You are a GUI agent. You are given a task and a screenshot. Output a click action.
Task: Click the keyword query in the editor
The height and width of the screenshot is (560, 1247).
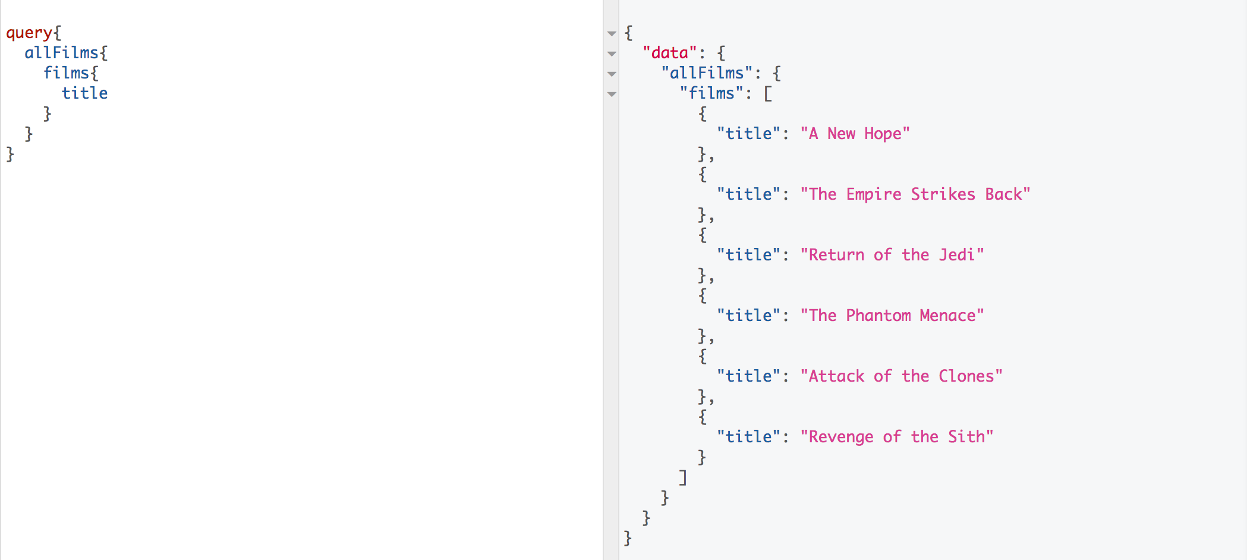29,33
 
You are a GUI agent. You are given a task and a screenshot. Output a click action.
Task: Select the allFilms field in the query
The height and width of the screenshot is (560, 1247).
61,54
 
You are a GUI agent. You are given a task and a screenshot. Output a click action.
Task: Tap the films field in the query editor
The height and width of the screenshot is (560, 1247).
66,74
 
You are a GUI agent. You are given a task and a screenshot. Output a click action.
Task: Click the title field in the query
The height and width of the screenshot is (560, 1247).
84,94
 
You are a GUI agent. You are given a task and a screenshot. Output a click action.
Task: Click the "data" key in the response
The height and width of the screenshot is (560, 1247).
669,54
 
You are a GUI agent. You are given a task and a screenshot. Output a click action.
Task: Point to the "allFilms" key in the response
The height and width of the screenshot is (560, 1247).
707,74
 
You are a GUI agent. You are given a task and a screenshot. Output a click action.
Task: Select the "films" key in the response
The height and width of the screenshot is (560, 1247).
711,94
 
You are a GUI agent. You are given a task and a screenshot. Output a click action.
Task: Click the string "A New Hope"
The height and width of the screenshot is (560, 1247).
855,134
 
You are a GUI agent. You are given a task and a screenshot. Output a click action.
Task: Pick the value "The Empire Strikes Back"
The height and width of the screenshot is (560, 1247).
915,195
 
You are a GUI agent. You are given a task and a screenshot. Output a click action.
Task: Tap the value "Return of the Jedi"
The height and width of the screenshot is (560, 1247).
892,256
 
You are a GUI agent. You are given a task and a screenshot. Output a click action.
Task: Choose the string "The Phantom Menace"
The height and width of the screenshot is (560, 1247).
892,316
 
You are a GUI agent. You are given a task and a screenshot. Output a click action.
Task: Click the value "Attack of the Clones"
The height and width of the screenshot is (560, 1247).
901,377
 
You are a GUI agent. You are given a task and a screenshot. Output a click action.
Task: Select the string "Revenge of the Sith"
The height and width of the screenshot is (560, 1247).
896,438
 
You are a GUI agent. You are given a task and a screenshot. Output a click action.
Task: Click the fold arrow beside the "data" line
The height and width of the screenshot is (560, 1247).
612,54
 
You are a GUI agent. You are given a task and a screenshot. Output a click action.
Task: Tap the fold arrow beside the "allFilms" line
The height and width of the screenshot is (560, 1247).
612,74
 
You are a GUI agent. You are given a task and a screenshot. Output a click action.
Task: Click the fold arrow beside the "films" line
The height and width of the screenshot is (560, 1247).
612,95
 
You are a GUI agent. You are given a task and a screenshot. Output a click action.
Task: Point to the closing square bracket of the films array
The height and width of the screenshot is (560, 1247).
684,478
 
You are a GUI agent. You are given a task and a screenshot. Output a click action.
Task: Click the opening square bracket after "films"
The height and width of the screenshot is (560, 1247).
768,94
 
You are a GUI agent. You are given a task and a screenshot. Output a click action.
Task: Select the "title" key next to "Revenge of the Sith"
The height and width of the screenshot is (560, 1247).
748,438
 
